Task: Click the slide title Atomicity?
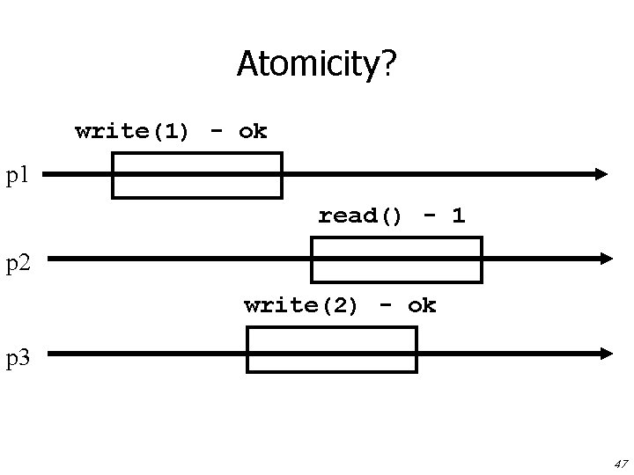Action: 316,64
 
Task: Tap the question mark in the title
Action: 388,62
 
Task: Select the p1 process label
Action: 18,175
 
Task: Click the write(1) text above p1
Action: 132,132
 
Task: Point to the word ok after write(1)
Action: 253,132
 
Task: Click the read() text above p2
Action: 360,216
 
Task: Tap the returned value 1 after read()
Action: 458,216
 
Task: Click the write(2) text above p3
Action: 301,306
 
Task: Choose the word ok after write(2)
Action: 422,306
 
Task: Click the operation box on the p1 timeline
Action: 196,175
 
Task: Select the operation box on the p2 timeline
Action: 397,259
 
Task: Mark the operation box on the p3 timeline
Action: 331,350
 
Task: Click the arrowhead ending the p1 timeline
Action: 601,174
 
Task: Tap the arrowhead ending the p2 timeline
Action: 605,259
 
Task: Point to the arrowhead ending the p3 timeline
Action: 605,354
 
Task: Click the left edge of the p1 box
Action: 113,175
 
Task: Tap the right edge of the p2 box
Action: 481,259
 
